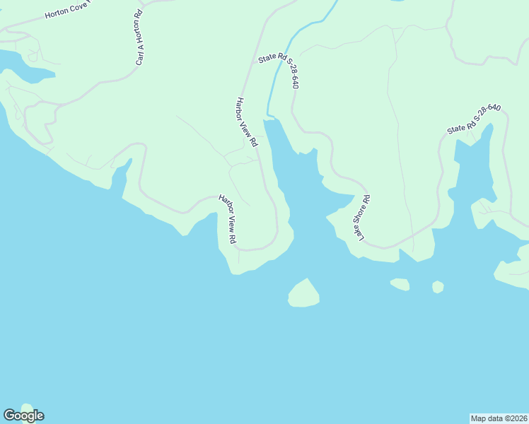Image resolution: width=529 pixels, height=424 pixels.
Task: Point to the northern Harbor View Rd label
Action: pos(246,122)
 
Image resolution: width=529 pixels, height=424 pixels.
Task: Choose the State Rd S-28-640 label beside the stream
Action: pos(279,71)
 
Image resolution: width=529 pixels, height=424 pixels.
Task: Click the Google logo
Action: pos(23,416)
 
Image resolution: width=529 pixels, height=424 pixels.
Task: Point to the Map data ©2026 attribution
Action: pos(499,418)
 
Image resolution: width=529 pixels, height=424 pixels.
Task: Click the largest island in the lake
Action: pos(304,295)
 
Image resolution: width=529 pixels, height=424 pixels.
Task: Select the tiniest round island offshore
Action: pos(438,287)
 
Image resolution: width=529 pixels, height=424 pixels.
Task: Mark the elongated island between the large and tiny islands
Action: pos(400,284)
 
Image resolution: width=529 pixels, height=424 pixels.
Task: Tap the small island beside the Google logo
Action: pos(27,408)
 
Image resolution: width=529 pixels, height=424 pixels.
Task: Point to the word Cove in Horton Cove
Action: pos(83,12)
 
